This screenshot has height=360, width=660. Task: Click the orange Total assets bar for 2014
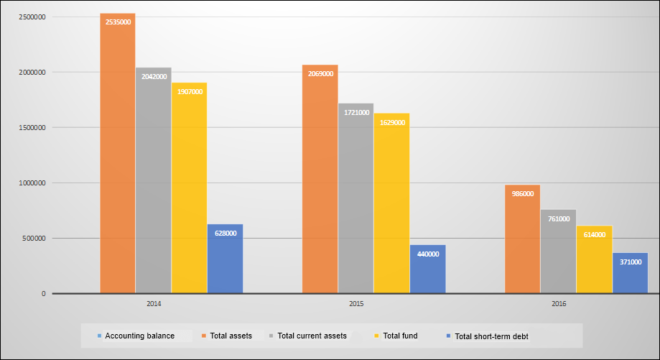click(118, 158)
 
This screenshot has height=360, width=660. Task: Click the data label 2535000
click(118, 22)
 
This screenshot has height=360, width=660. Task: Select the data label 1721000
click(355, 112)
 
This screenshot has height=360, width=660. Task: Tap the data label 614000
click(594, 235)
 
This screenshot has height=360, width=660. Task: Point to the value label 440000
click(427, 254)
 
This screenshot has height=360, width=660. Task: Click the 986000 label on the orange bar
click(522, 194)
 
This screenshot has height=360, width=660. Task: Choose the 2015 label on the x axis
click(356, 305)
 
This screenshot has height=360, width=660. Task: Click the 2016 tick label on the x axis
click(559, 305)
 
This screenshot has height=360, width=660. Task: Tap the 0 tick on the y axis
click(44, 294)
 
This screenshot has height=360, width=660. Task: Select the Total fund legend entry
click(400, 336)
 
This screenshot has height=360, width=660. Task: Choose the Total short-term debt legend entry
click(491, 336)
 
